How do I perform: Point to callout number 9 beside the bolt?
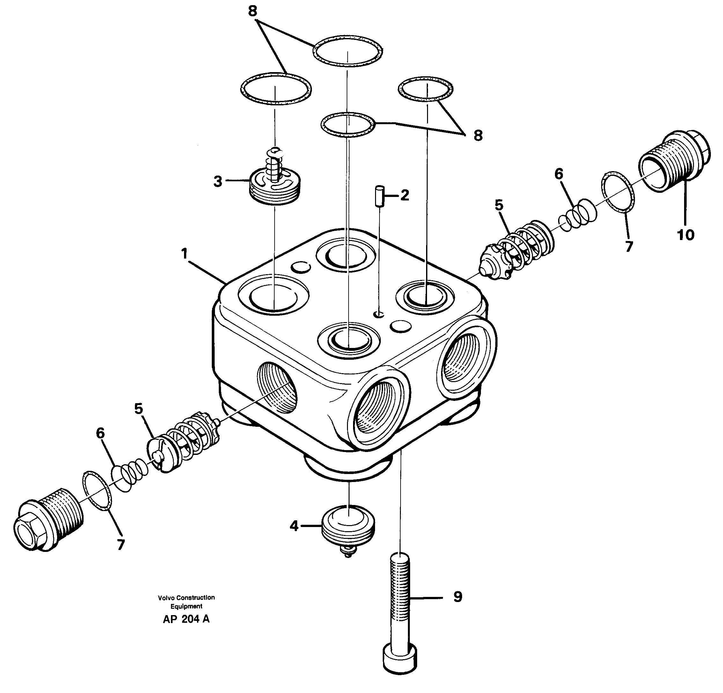click(457, 597)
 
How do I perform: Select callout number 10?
click(685, 235)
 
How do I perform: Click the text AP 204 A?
click(186, 620)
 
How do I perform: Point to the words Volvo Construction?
click(186, 597)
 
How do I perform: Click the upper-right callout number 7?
click(629, 246)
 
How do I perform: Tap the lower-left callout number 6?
click(100, 433)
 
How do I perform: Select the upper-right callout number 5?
click(499, 205)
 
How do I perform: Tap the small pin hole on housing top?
click(379, 314)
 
